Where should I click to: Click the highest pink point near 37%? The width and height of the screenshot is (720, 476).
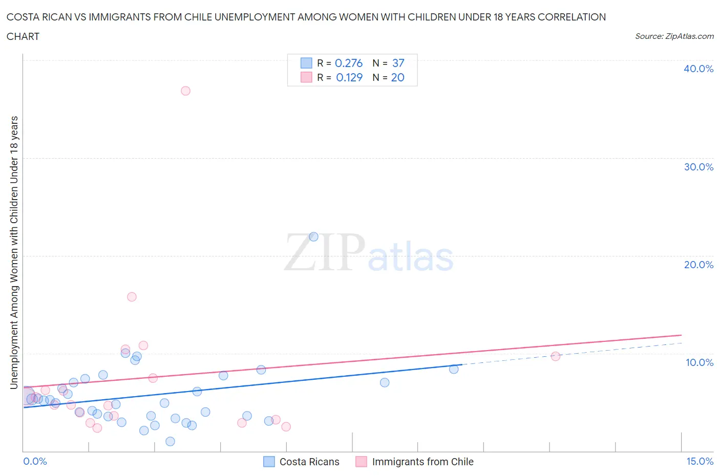tap(185, 91)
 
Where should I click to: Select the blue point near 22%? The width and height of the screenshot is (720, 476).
tap(313, 236)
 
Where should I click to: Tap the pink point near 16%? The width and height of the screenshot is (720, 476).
tap(132, 297)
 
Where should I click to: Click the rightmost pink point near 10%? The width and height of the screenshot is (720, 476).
tap(556, 356)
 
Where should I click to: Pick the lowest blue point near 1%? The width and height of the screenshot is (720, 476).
tap(170, 441)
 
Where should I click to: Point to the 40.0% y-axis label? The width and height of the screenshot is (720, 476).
tap(698, 69)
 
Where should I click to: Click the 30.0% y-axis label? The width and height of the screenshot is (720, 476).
tap(698, 167)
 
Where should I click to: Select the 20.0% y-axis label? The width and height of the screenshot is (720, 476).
tap(698, 265)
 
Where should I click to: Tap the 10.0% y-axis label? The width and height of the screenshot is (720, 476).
tap(700, 362)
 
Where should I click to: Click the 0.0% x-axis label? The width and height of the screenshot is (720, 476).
tap(35, 461)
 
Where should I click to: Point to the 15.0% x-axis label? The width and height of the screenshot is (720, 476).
tap(700, 461)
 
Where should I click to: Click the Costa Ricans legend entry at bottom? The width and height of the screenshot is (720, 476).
tap(309, 462)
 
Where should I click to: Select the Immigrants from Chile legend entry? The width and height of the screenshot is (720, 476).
tap(422, 462)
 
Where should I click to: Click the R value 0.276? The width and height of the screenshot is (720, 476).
tap(348, 63)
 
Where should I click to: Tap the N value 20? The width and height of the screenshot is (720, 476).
tap(397, 77)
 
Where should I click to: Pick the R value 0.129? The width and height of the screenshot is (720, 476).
tap(349, 77)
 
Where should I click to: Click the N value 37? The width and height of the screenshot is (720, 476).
tap(398, 63)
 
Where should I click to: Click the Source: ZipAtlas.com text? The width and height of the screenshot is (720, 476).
tap(674, 36)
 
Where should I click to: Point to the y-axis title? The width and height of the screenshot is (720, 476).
tap(14, 252)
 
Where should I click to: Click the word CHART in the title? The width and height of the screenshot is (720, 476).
tap(23, 36)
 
